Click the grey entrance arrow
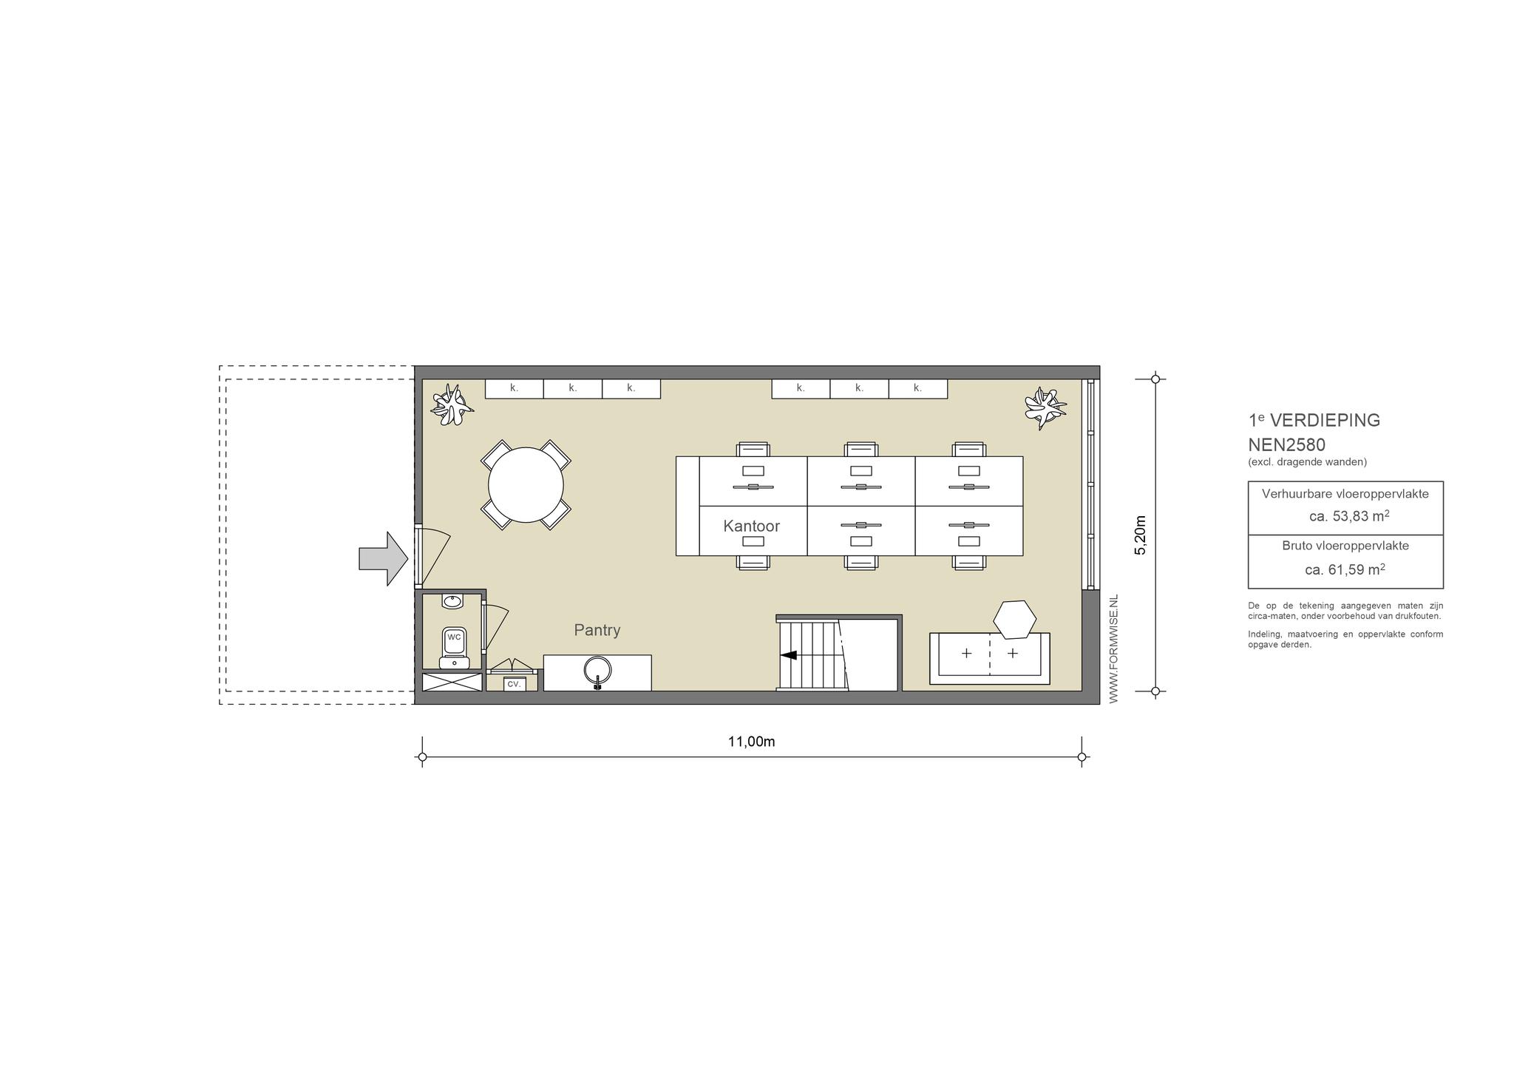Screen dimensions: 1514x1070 pos(383,558)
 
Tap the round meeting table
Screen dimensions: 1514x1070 pos(526,485)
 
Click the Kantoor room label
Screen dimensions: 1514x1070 pos(751,526)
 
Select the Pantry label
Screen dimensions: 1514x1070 pos(597,630)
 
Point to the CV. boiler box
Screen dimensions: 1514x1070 pos(514,684)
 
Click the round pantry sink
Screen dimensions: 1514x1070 pos(597,670)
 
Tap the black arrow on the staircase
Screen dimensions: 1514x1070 pos(788,654)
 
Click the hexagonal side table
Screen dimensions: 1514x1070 pos(1014,620)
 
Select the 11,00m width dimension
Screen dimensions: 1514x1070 pos(751,742)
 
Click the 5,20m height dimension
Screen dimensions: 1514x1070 pos(1140,535)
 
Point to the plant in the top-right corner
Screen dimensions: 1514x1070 pos(1045,407)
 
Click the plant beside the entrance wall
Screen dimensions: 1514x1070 pos(452,405)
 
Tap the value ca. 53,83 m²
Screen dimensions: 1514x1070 pos(1349,516)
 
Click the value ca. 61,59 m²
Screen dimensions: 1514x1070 pos(1345,569)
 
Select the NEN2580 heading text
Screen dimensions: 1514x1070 pos(1287,445)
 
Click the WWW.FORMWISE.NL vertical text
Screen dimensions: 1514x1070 pos(1113,649)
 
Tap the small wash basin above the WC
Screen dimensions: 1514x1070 pos(452,601)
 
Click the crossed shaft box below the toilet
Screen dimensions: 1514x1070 pos(452,682)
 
